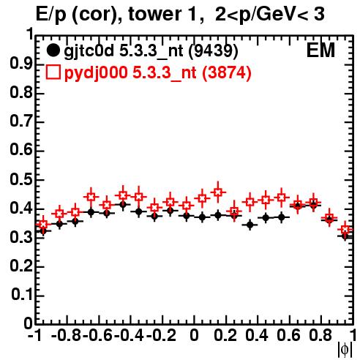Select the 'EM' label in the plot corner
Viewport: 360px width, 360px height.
point(320,50)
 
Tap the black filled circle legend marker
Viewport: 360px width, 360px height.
point(53,50)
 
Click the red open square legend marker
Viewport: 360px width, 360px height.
point(53,72)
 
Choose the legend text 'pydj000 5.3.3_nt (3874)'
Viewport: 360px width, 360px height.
point(157,73)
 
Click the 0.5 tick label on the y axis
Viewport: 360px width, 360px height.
point(21,179)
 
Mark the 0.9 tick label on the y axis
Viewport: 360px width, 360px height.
point(21,64)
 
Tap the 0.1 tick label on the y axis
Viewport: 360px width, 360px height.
point(22,295)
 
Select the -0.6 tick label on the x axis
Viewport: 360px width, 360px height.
point(97,335)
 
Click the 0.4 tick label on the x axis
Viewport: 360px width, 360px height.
point(257,335)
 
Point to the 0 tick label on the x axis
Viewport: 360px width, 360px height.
point(194,335)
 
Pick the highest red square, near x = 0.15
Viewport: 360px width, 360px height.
point(218,192)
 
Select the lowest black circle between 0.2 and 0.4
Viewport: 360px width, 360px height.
point(250,225)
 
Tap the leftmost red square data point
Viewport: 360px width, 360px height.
point(43,225)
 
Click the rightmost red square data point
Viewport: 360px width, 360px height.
point(345,229)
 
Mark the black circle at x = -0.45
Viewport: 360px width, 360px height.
point(123,204)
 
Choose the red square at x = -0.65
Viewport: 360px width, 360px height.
point(91,197)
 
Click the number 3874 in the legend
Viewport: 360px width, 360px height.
point(226,72)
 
